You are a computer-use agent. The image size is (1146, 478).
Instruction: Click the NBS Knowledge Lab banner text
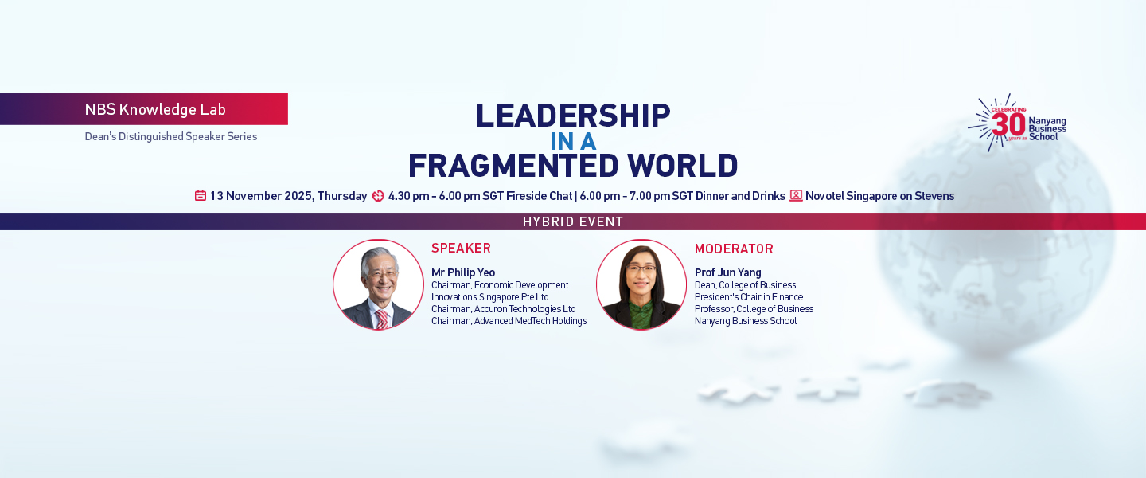click(x=155, y=109)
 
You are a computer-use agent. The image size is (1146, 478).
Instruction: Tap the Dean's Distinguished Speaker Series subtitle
click(x=171, y=136)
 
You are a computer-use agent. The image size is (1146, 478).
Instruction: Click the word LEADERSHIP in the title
click(x=573, y=116)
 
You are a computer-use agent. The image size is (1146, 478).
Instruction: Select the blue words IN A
click(x=573, y=142)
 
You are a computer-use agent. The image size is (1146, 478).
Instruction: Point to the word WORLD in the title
click(x=683, y=166)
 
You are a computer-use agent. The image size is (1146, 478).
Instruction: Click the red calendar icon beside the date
click(x=201, y=196)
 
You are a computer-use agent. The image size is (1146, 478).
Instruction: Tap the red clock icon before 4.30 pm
click(x=378, y=196)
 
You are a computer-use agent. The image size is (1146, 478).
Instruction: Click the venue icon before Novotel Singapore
click(x=796, y=195)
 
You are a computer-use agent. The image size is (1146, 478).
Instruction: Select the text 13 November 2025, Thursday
click(x=289, y=196)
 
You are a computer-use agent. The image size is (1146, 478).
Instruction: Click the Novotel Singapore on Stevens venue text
click(x=880, y=196)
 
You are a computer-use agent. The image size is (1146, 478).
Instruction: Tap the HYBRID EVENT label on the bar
click(x=573, y=221)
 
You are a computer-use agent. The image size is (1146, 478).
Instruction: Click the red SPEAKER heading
click(x=461, y=249)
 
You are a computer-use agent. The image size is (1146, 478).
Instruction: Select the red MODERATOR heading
click(x=734, y=249)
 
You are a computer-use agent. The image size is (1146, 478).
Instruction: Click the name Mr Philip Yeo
click(x=463, y=272)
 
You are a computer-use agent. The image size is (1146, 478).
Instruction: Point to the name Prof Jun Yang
click(x=727, y=272)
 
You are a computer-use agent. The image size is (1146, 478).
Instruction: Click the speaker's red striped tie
click(x=382, y=319)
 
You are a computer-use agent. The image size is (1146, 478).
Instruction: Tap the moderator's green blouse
click(x=641, y=315)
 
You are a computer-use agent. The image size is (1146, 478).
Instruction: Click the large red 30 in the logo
click(x=1008, y=124)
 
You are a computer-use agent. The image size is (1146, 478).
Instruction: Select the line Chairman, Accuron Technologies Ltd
click(x=504, y=309)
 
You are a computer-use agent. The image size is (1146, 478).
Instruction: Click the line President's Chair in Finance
click(x=748, y=297)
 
